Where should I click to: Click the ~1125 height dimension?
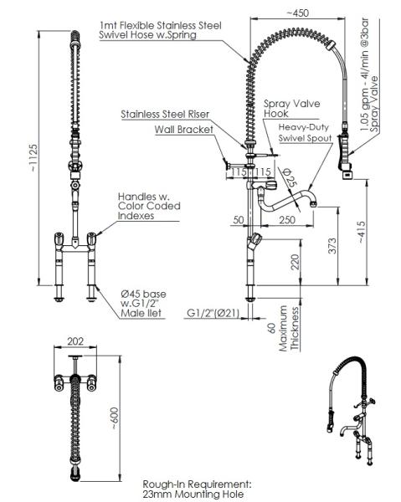(33, 158)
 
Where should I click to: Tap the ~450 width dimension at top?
(297, 13)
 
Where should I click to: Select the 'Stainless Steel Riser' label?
(165, 115)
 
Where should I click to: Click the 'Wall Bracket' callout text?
(184, 130)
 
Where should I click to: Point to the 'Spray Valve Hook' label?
(292, 109)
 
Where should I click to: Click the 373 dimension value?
(332, 245)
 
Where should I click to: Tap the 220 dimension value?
(294, 262)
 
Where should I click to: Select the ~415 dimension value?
(362, 232)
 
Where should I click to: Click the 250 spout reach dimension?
(287, 220)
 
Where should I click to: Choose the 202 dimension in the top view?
(75, 341)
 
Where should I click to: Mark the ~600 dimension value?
(115, 418)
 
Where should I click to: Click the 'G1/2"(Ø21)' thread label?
(213, 313)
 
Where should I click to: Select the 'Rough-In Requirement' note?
(197, 489)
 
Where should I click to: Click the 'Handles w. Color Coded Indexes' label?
(149, 206)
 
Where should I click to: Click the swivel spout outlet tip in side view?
(314, 202)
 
